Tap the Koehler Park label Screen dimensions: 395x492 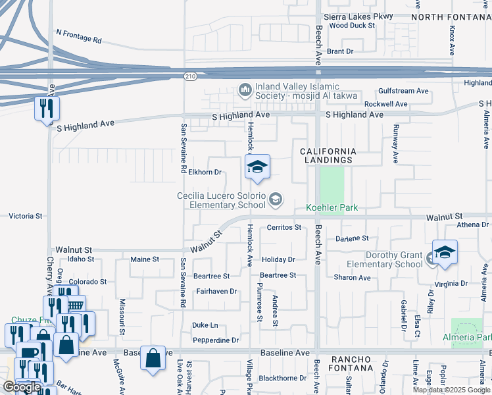coord(332,208)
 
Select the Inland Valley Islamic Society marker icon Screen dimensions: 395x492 coord(245,89)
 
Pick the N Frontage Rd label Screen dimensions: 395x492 coord(79,36)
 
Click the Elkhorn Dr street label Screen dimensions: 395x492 coord(204,172)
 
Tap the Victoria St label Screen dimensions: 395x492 coord(26,216)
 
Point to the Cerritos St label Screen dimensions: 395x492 coord(283,228)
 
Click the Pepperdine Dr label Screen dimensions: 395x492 coord(216,340)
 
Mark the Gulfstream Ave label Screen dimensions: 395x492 coord(403,92)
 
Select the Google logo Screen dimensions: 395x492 coord(22,388)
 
